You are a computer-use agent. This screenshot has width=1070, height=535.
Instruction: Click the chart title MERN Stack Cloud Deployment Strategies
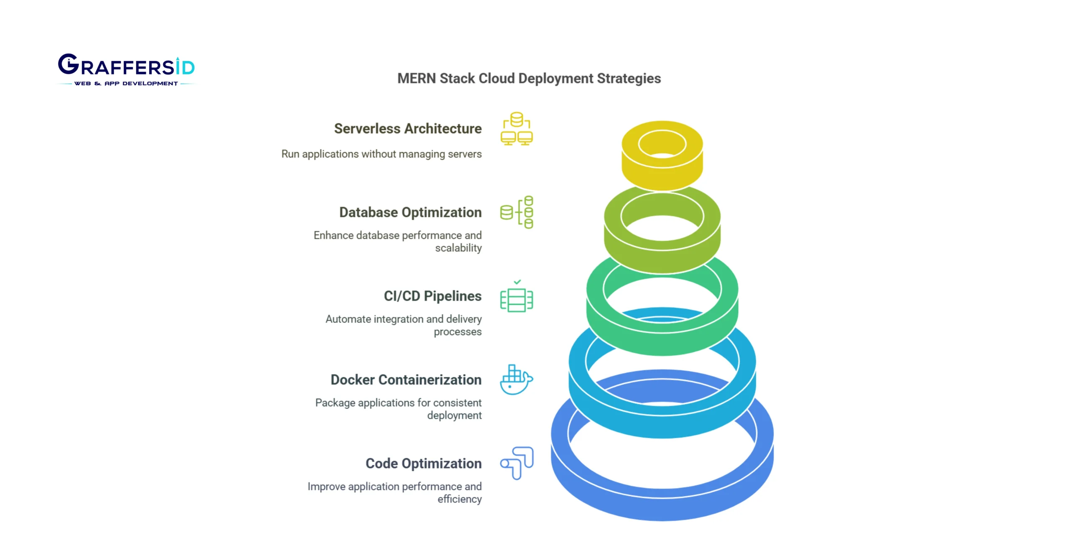529,79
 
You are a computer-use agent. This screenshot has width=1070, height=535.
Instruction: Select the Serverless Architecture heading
408,129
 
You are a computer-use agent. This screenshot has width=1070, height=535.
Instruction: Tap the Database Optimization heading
410,212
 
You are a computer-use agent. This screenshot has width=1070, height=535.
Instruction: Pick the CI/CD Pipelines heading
432,296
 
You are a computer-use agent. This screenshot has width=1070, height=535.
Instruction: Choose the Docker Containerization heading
406,380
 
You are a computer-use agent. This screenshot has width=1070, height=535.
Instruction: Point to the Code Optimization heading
423,463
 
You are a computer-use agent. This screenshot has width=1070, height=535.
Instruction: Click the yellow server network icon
517,129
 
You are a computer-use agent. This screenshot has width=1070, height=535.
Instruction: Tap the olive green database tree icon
517,212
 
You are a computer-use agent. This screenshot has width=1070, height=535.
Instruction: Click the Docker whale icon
516,380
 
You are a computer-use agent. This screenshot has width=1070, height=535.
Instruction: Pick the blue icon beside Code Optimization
517,463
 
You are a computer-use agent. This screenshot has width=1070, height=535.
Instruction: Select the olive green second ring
662,259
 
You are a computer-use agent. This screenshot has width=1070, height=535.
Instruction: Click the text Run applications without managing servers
381,154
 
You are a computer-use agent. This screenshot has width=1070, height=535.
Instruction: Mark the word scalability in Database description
458,248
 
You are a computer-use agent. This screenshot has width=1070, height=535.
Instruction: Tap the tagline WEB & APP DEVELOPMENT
126,84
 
